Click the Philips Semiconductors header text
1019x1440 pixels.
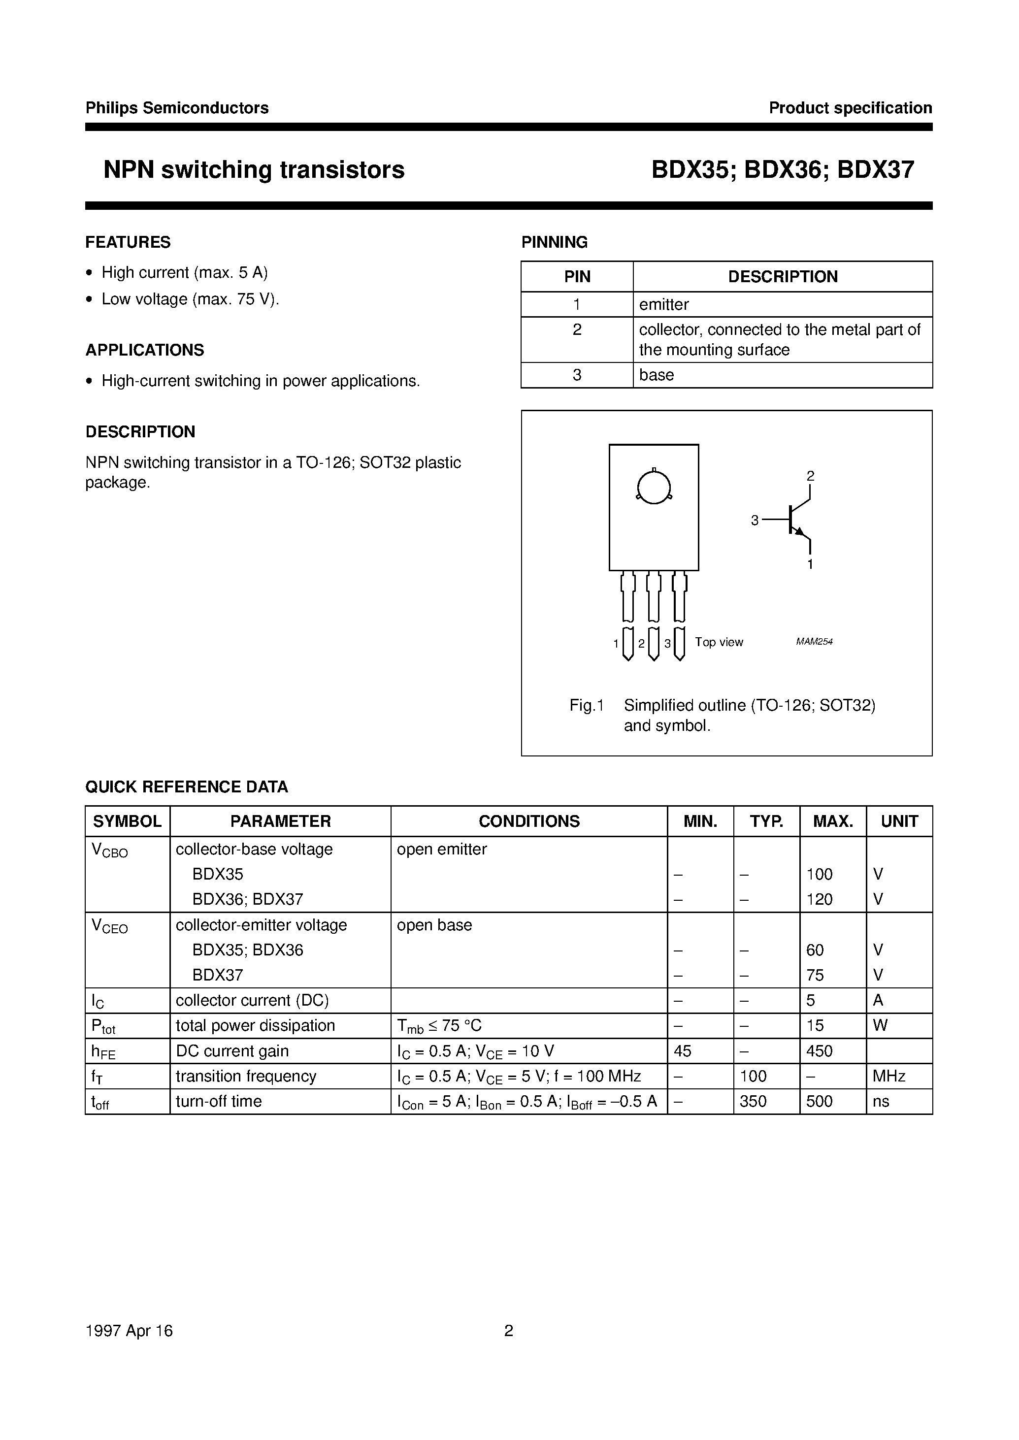pos(177,108)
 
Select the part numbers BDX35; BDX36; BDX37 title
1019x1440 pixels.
pos(783,170)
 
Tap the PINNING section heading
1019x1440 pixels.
pos(554,242)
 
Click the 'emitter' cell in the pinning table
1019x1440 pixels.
pos(664,304)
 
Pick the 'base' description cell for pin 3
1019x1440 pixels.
pos(657,375)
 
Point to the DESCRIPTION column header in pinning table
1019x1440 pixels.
pos(783,277)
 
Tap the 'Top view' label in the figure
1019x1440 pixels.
pos(719,642)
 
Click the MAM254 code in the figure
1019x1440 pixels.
pos(814,641)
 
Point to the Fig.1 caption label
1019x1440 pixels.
pos(586,705)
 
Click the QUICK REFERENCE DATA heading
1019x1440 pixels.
pos(186,787)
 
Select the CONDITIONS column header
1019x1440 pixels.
pos(529,821)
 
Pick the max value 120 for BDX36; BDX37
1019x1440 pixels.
pos(820,899)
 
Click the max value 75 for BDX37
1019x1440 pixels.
pos(815,975)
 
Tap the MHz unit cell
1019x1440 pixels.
pos(888,1076)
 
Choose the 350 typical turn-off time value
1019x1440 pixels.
pos(753,1101)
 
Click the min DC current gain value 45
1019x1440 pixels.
pos(683,1051)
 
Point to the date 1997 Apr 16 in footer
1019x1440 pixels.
pos(129,1331)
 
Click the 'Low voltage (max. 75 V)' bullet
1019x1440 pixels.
pos(190,299)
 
